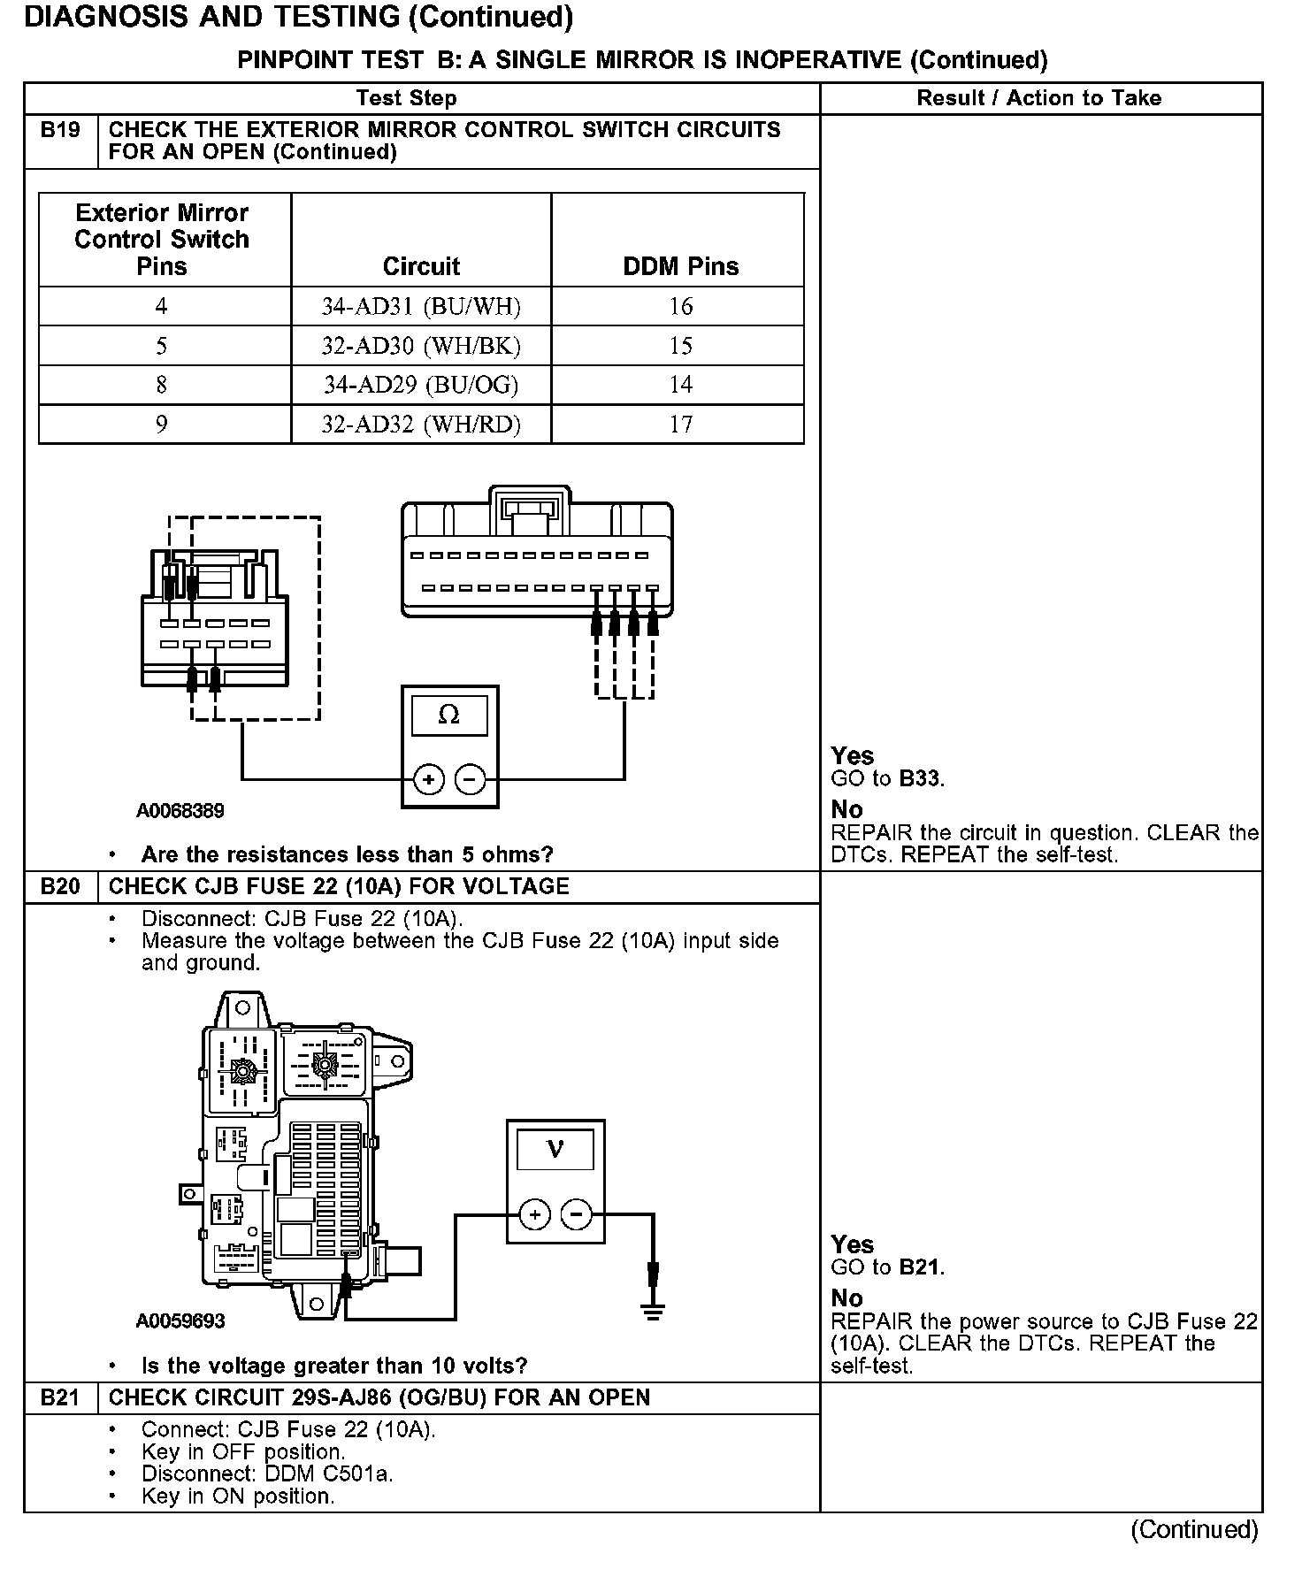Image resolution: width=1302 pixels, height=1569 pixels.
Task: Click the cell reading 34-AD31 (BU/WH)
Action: click(x=421, y=306)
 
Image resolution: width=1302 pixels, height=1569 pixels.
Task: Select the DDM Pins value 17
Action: click(x=680, y=425)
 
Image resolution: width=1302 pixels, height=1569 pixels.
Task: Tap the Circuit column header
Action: click(x=421, y=266)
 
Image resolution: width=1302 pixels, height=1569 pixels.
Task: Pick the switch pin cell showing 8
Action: click(x=161, y=385)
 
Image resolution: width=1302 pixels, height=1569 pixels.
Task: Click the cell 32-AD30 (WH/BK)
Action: click(x=421, y=346)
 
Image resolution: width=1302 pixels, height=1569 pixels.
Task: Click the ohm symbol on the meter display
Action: click(x=449, y=715)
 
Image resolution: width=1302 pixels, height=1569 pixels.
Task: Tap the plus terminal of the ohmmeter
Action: click(x=429, y=779)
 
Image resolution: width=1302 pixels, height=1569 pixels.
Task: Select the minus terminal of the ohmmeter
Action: click(x=471, y=779)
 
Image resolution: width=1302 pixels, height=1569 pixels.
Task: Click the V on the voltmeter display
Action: click(x=555, y=1149)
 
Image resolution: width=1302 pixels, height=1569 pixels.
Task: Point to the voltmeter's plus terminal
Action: click(x=534, y=1214)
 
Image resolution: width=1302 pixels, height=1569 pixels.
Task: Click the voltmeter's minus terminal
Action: click(x=577, y=1214)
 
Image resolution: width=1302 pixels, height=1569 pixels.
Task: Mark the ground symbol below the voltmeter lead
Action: click(x=653, y=1311)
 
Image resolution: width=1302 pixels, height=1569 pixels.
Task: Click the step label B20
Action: click(x=60, y=886)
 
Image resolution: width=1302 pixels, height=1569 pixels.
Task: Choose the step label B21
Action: click(x=60, y=1397)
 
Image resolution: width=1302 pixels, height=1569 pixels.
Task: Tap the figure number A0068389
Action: click(x=180, y=810)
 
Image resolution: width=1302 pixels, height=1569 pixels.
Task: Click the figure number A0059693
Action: click(x=180, y=1320)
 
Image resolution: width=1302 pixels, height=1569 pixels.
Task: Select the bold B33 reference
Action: click(x=920, y=779)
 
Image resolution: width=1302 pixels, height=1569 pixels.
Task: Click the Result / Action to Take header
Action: click(x=1039, y=98)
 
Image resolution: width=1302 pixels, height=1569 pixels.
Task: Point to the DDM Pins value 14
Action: click(x=680, y=385)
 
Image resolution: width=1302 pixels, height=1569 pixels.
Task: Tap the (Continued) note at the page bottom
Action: click(x=1194, y=1529)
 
